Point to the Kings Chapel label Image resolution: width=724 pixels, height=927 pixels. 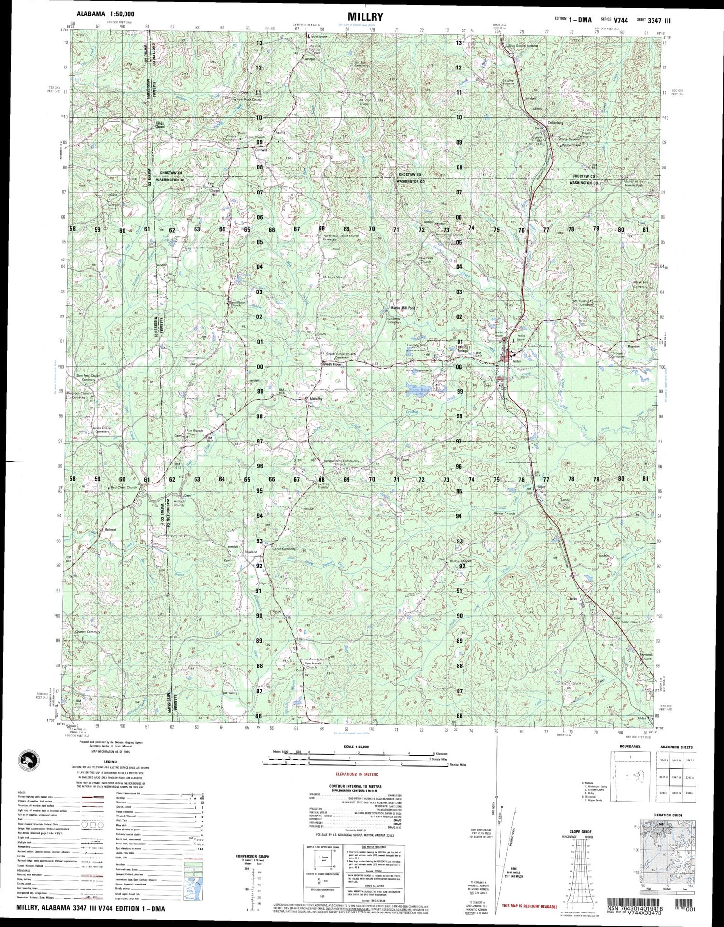coord(160,125)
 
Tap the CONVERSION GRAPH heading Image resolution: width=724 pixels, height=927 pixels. coord(252,856)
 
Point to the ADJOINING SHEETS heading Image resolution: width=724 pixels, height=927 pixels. coord(676,747)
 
